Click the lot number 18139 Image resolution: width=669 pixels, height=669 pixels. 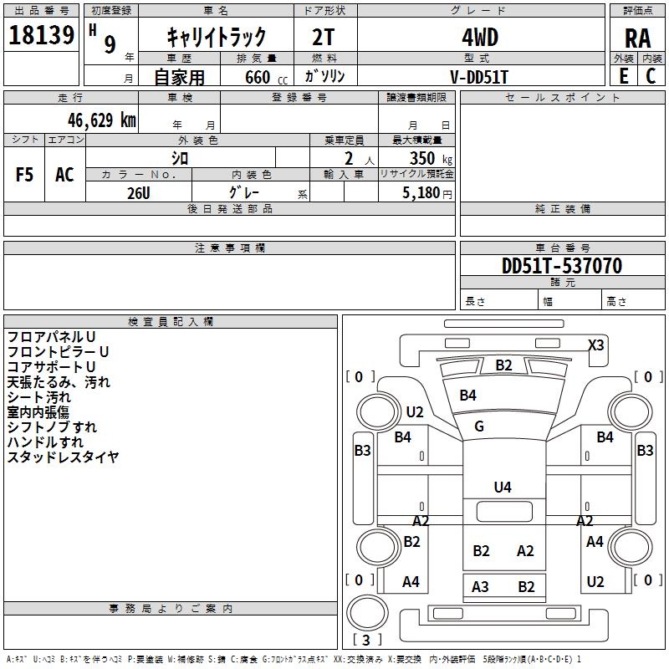tap(41, 36)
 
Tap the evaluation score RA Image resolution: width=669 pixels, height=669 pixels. tap(637, 38)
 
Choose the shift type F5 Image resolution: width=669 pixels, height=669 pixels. tap(25, 175)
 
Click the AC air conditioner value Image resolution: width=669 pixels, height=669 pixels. tap(64, 175)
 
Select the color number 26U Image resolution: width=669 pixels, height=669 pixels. tap(139, 192)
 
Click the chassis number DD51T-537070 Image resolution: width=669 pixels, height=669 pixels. tap(561, 266)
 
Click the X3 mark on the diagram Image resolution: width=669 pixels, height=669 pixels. tap(596, 345)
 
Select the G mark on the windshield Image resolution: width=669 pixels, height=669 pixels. tap(479, 426)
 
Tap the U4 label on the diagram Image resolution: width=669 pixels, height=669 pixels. tap(502, 487)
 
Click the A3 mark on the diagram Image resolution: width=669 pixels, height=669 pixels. tap(480, 587)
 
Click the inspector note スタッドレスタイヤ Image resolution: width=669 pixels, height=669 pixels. tap(64, 457)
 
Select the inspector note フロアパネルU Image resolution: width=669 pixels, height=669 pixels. tap(51, 337)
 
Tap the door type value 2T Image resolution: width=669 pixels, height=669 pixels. tap(324, 37)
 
